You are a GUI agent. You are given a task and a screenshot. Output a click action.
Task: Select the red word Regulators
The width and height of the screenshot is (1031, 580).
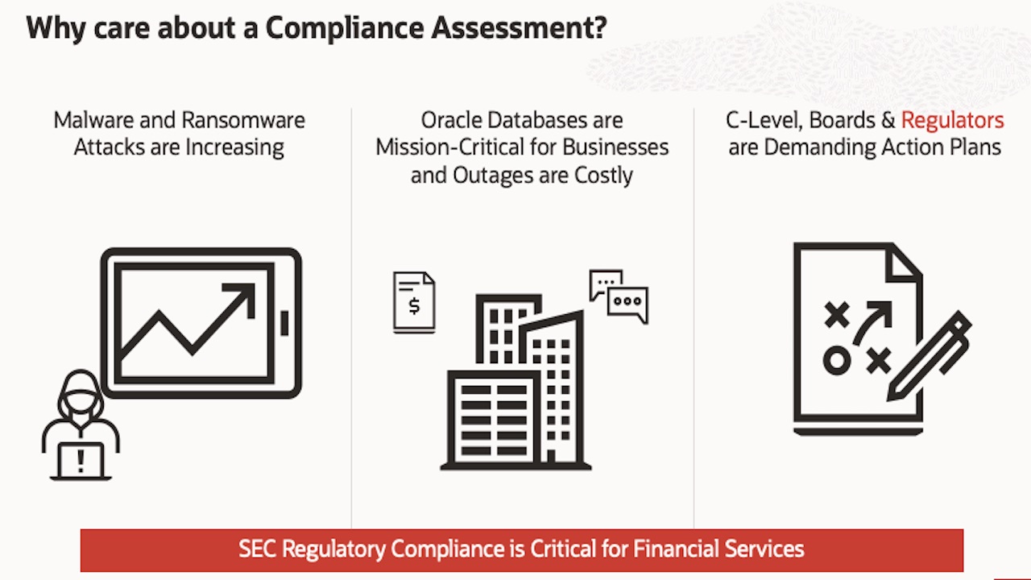tap(952, 121)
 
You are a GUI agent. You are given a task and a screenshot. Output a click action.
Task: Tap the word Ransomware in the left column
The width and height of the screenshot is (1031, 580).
tap(243, 121)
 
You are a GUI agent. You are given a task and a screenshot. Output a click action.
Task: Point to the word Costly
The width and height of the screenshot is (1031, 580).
tap(603, 176)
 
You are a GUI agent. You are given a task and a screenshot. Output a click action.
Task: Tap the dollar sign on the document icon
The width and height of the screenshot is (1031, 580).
tap(414, 306)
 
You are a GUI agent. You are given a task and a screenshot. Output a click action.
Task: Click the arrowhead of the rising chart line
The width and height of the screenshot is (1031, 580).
tap(243, 293)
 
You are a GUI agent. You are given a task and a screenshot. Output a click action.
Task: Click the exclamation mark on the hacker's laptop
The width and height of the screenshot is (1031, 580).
tap(81, 461)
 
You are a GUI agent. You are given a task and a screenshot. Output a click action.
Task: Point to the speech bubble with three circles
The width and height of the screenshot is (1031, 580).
tap(628, 303)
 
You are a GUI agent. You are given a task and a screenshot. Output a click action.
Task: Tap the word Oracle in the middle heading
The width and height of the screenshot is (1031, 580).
tap(451, 121)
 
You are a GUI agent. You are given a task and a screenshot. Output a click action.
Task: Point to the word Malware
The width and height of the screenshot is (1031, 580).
tap(88, 121)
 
